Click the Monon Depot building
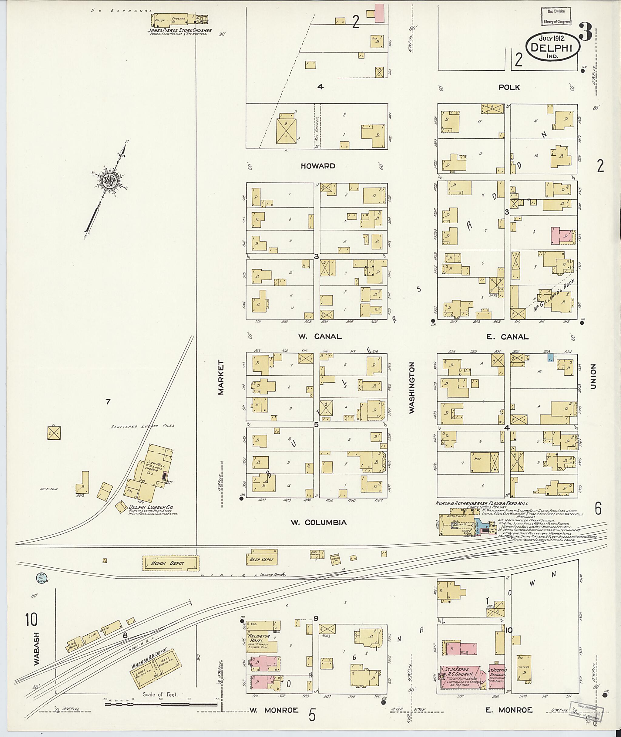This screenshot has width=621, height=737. pos(170,563)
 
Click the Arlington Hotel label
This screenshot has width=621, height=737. pos(260,638)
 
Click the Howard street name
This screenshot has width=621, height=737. pos(317,166)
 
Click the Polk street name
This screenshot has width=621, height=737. pos(509,87)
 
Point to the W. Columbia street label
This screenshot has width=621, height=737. pos(318,522)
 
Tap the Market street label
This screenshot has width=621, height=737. pos(221,377)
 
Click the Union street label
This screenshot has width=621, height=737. pos(593,376)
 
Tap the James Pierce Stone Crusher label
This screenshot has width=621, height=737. pos(180,30)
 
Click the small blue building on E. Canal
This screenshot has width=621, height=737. pos(550,358)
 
